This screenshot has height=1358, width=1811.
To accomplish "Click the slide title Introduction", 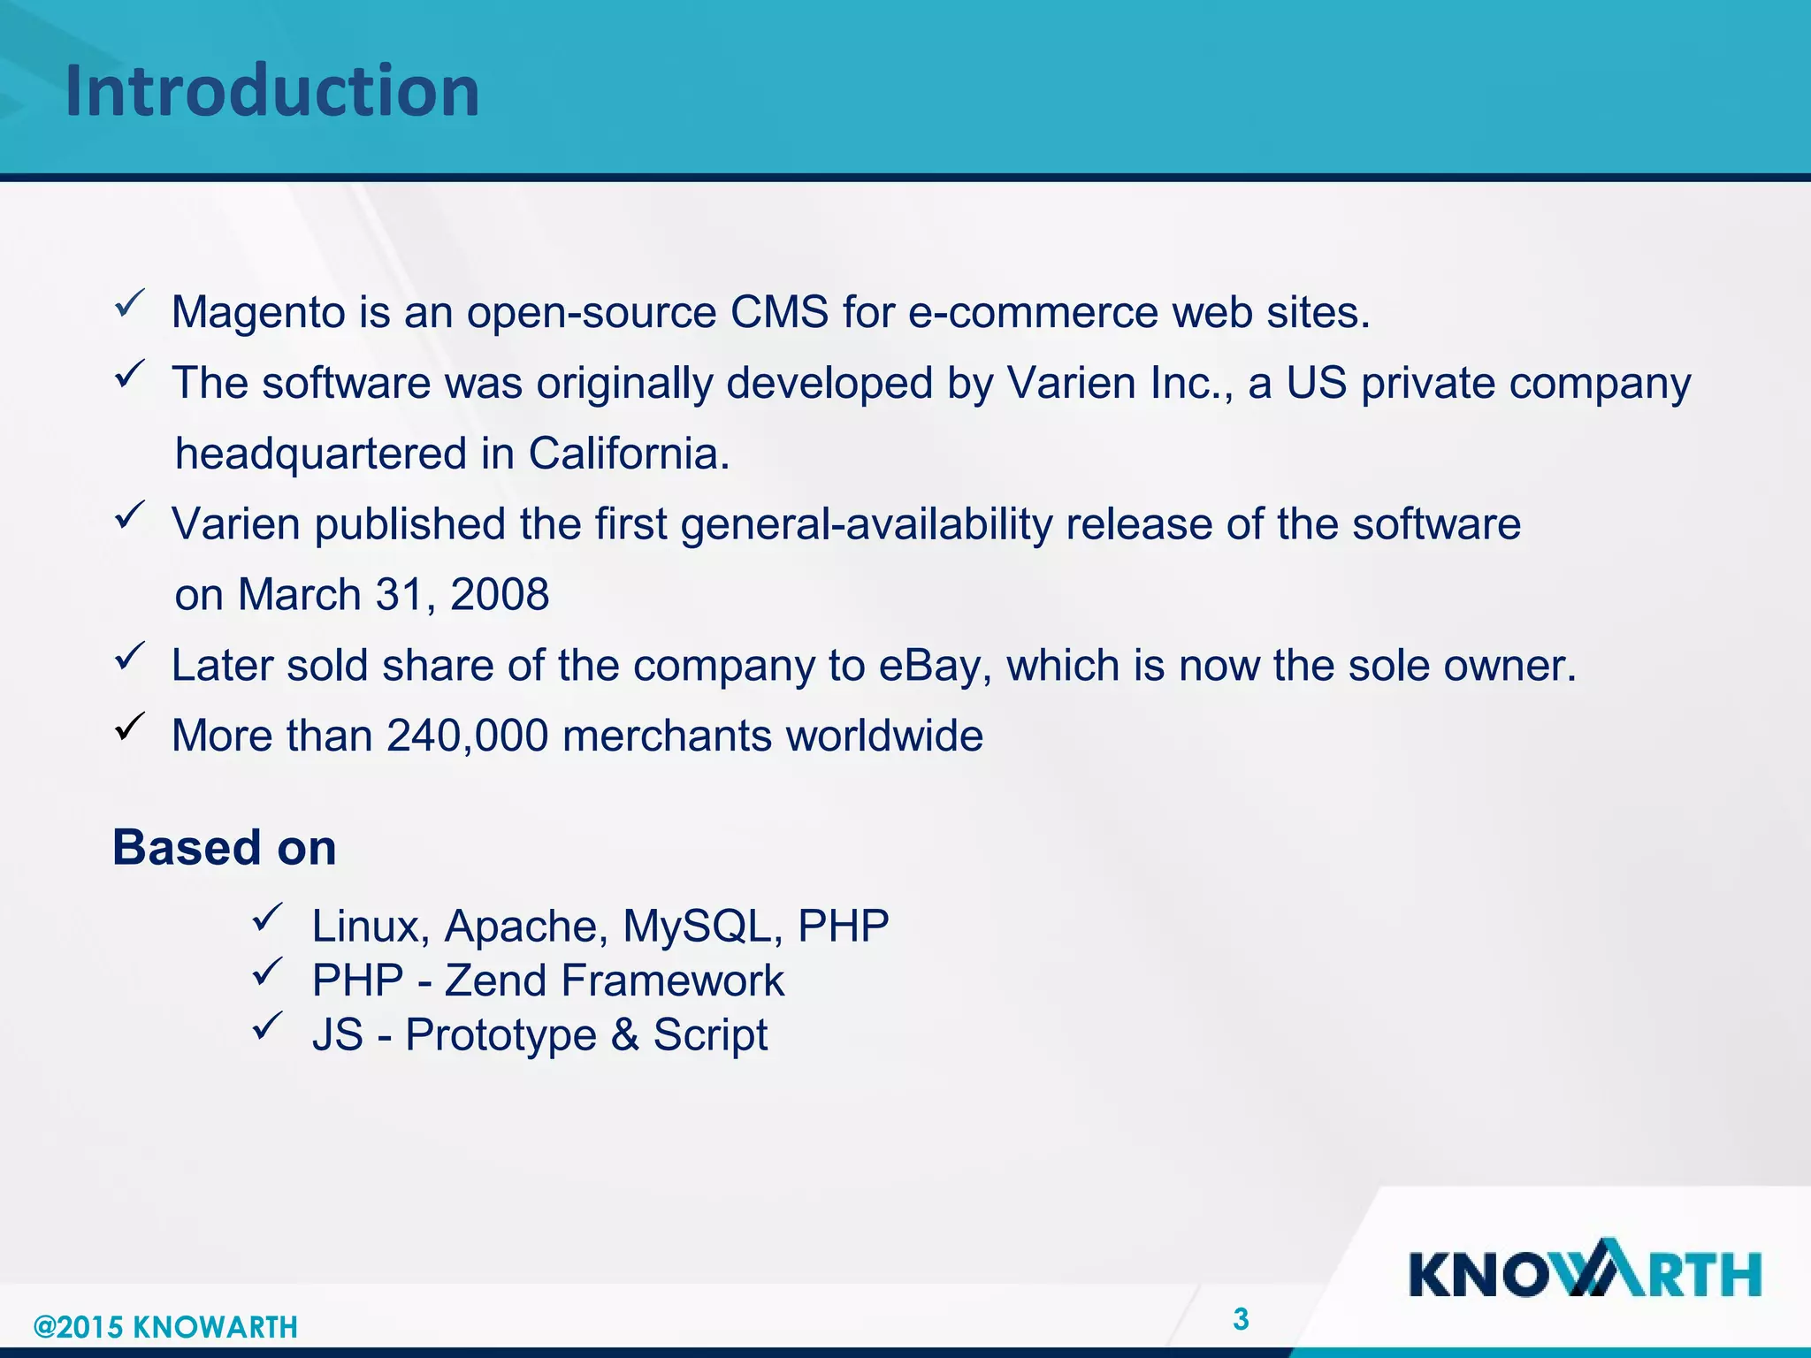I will click(x=272, y=91).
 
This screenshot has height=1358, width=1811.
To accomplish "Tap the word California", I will click(x=629, y=454).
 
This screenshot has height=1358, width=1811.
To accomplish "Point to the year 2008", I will click(x=500, y=595).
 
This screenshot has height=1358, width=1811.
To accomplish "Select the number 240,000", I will click(x=467, y=736).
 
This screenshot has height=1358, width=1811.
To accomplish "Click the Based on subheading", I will click(x=225, y=848).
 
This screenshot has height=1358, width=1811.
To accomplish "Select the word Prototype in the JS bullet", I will click(x=501, y=1035).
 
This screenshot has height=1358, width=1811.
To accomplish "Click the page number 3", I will click(x=1241, y=1320).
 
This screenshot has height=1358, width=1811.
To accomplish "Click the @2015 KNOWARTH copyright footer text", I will click(x=165, y=1327).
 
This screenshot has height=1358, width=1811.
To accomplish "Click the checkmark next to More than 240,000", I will click(x=129, y=728).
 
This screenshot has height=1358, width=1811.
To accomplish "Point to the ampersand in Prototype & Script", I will click(x=625, y=1035).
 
